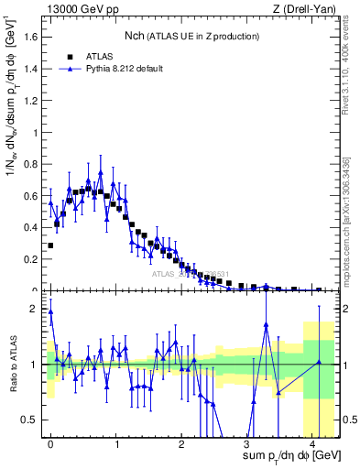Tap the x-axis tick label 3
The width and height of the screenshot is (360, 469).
246,442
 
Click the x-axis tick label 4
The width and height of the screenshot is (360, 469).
312,442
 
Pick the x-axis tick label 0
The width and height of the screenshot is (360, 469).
50,442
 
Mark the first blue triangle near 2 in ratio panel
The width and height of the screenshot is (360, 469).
50,311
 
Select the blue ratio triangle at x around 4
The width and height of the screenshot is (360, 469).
319,363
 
